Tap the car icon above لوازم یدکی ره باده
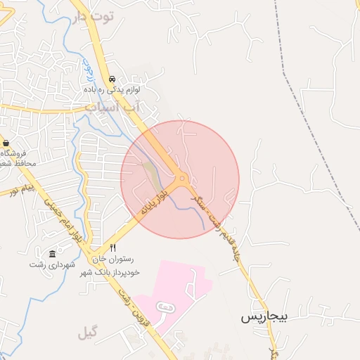112,79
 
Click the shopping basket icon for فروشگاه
6,143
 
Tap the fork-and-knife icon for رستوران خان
112,247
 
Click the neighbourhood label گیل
89,331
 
